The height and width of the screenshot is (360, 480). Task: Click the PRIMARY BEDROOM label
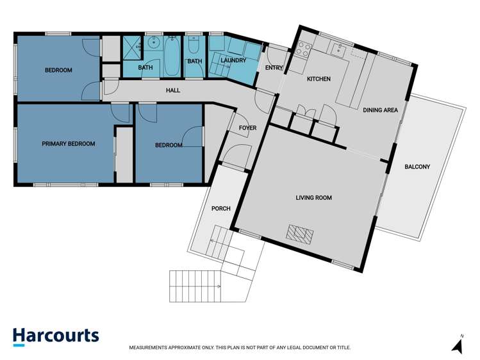[x=69, y=143]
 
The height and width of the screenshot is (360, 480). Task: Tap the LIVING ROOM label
[x=314, y=197]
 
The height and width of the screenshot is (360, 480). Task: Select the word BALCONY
[x=417, y=167]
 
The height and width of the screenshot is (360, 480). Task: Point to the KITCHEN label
[x=319, y=79]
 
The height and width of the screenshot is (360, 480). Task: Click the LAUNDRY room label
[x=233, y=60]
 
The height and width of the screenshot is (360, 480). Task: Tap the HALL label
[x=173, y=90]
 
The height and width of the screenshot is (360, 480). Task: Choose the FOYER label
[x=247, y=128]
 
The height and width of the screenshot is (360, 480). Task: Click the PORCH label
[x=220, y=209]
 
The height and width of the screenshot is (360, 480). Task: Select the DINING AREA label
[x=381, y=110]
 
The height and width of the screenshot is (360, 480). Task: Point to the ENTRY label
[x=274, y=68]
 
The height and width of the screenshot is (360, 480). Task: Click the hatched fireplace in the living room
[x=300, y=234]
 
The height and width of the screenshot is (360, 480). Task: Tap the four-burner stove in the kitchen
[x=302, y=49]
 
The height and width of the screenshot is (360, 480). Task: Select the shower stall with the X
[x=132, y=47]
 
